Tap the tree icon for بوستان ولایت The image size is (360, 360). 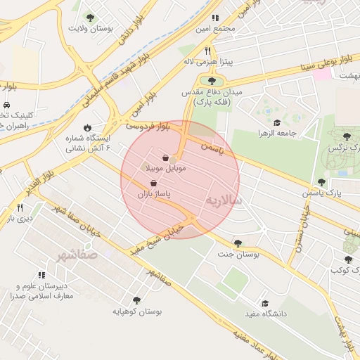(x=89, y=17)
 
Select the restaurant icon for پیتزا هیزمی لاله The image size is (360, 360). (x=207, y=51)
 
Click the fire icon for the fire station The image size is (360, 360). (x=86, y=128)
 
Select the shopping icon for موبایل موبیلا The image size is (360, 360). (x=165, y=158)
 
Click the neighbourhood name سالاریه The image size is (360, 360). (x=224, y=202)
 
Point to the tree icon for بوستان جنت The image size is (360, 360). (x=238, y=243)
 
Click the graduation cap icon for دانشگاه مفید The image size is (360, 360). (x=265, y=303)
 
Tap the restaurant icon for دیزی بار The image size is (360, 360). (x=20, y=207)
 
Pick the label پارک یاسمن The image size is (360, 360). (x=325, y=192)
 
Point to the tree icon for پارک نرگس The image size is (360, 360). (x=346, y=136)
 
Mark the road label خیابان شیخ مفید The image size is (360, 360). (x=155, y=236)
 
